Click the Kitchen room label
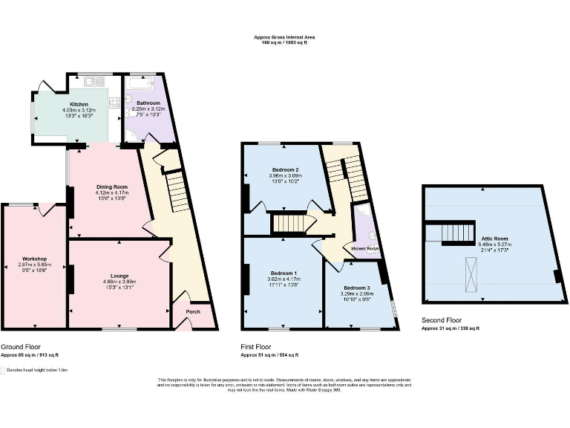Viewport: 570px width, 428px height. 79,105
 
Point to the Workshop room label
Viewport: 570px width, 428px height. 34,259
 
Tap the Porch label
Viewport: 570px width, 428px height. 193,311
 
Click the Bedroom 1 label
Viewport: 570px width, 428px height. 283,272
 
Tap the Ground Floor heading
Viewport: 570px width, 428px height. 22,347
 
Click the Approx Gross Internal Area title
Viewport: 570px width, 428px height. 284,36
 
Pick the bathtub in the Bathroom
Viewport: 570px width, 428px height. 140,81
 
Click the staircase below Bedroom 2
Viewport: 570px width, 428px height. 288,223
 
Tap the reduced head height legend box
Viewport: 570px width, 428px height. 4,369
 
